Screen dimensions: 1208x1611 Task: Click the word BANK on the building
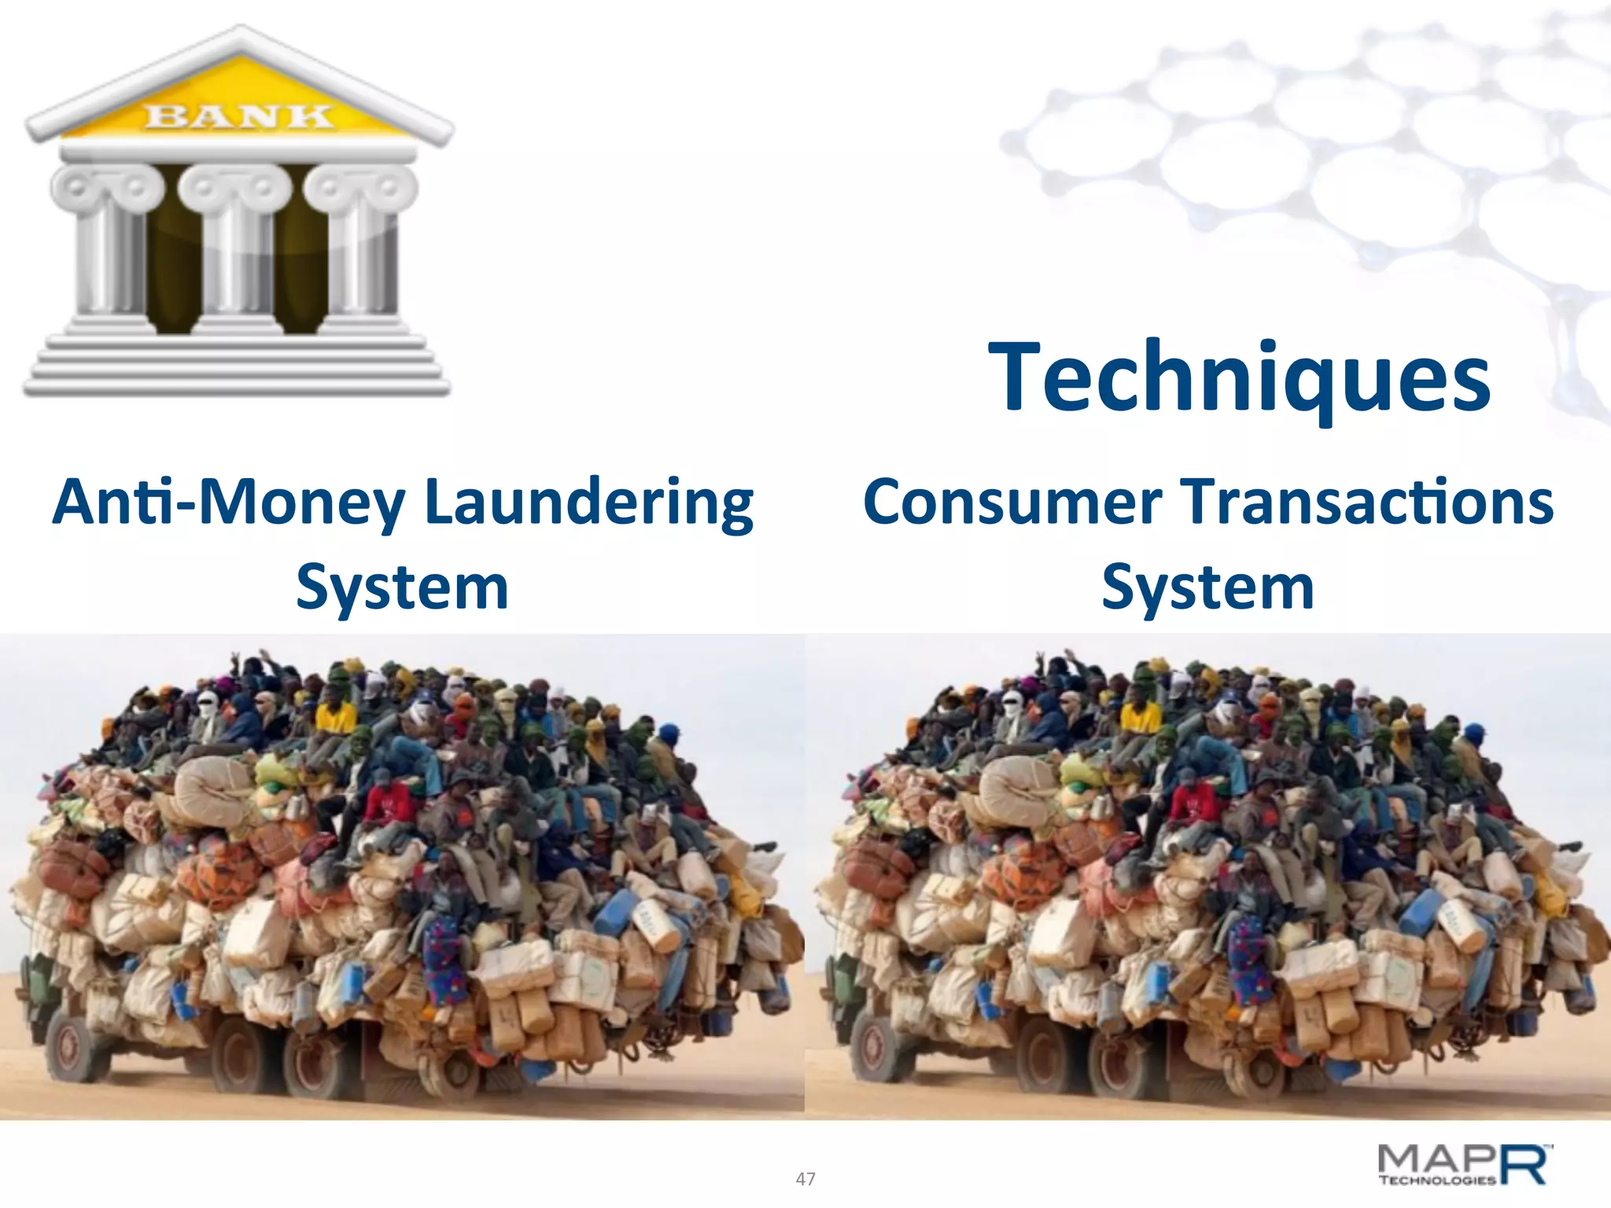[x=239, y=116]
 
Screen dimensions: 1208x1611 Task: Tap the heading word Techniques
[x=1239, y=378]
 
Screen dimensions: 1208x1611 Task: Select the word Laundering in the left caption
[x=588, y=503]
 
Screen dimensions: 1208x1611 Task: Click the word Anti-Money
[x=229, y=503]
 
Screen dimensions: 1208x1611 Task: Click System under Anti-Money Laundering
[x=402, y=587]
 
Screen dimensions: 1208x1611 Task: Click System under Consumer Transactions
[x=1207, y=587]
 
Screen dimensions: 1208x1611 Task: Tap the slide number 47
[x=805, y=1179]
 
